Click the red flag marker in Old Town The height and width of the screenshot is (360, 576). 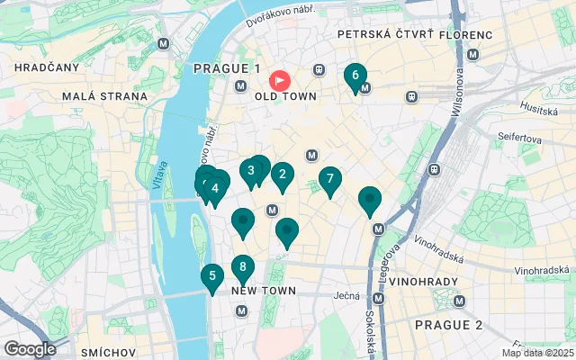280,80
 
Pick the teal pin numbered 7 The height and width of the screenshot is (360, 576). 330,179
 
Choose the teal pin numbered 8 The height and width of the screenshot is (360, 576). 242,267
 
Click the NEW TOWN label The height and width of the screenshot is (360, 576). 265,291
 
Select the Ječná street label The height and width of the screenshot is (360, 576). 346,295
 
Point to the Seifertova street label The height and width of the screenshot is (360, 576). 523,139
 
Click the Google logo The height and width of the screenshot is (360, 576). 30,349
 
